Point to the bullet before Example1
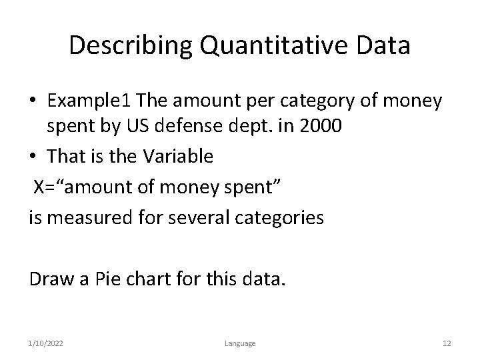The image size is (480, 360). click(33, 101)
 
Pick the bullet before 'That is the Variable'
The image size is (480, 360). click(33, 157)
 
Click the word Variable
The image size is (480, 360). click(176, 157)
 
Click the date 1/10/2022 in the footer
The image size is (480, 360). click(47, 343)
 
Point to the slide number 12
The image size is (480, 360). click(447, 343)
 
